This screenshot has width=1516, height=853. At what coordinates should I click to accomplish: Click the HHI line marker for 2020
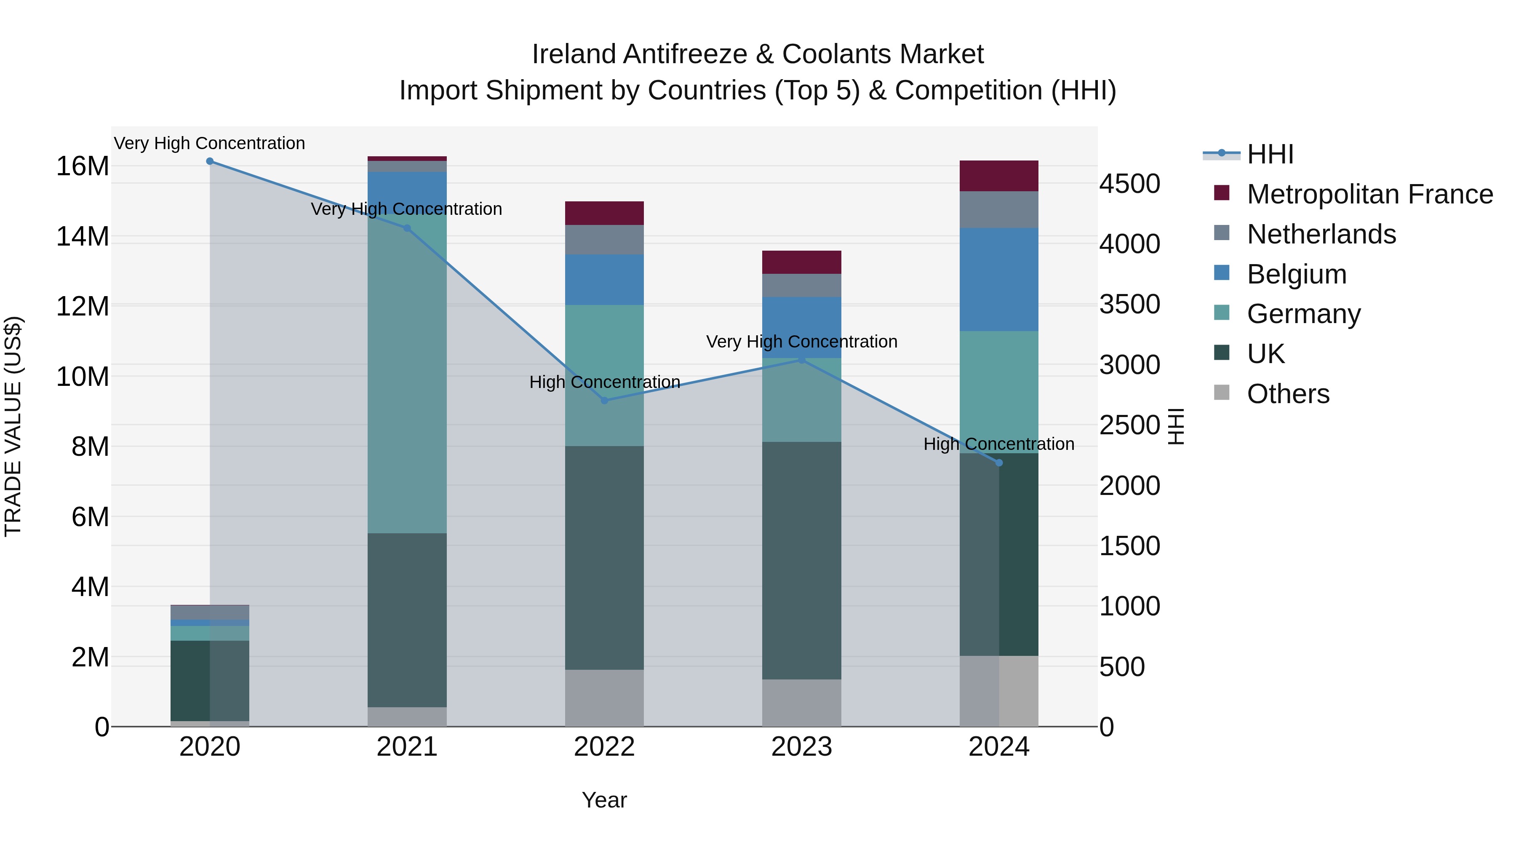[210, 161]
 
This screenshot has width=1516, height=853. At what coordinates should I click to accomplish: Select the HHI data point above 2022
[604, 400]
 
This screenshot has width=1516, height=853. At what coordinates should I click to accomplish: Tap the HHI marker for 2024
[999, 463]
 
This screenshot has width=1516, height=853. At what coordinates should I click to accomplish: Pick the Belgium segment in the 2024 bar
[999, 280]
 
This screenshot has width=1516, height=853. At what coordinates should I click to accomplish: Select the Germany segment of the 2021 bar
[407, 377]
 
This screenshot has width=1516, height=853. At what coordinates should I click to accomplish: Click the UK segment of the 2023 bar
[801, 559]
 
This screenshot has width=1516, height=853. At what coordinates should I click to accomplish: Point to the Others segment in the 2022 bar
[604, 698]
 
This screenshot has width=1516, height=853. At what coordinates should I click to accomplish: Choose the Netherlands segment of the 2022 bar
[604, 240]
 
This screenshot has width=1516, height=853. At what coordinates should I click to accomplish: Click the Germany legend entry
[1303, 314]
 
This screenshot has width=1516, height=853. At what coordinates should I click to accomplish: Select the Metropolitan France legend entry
[1369, 194]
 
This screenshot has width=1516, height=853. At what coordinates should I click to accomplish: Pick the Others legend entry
[1288, 394]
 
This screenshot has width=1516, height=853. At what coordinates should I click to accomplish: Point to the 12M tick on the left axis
[83, 307]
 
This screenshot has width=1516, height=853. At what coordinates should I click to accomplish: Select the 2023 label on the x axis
[801, 747]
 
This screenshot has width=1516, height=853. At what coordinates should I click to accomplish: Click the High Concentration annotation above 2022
[604, 382]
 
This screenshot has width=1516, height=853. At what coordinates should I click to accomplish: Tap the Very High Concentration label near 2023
[801, 342]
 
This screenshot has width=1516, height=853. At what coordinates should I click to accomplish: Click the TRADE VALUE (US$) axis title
[13, 426]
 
